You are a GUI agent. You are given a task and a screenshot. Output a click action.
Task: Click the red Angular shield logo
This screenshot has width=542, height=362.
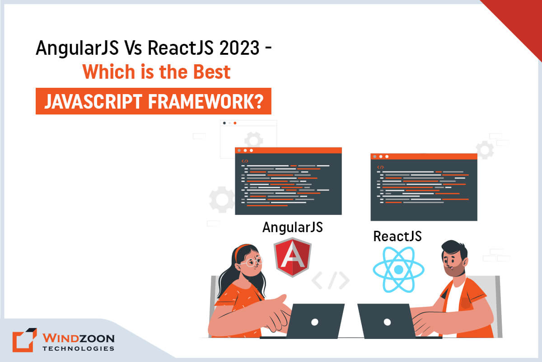coord(292,257)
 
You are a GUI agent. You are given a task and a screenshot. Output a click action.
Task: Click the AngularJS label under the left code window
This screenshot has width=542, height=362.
coord(292,227)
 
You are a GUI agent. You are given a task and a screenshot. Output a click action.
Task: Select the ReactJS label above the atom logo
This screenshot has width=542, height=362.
coord(397,236)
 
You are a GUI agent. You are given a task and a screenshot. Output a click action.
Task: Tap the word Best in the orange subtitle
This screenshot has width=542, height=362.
coord(212,72)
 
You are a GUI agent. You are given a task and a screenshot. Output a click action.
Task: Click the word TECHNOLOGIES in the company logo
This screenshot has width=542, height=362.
coord(78,348)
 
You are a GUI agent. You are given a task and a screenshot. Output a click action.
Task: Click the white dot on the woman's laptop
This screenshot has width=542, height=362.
coord(315,322)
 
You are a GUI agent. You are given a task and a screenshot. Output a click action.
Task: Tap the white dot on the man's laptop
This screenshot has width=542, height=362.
coord(387,322)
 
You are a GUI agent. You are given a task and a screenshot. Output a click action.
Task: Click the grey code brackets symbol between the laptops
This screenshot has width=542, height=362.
coord(331,281)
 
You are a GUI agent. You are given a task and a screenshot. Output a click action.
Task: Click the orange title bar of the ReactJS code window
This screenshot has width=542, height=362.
coord(424,157)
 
